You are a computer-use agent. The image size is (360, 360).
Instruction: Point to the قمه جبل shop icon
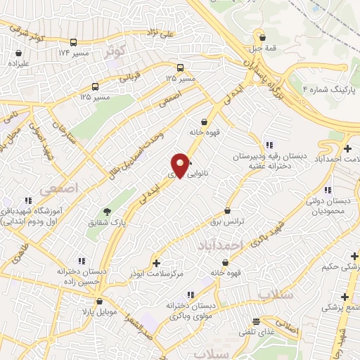262,38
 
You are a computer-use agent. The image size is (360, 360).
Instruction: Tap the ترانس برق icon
227,210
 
